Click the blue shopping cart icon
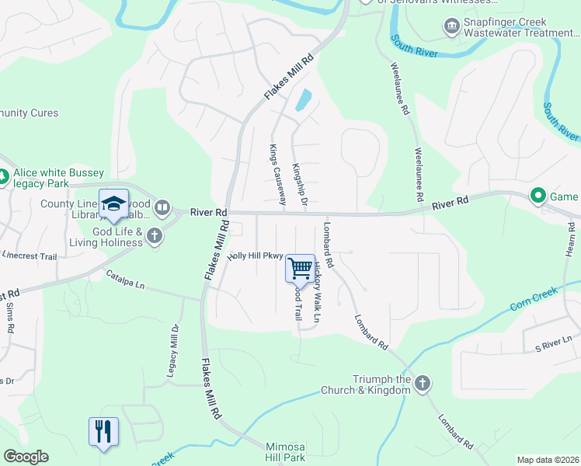[300, 269]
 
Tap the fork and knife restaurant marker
[103, 431]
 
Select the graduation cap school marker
[113, 203]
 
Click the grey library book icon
[162, 207]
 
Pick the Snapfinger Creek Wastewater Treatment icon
[451, 28]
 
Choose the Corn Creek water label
[534, 299]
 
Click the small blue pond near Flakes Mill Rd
[302, 100]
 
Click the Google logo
[26, 457]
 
